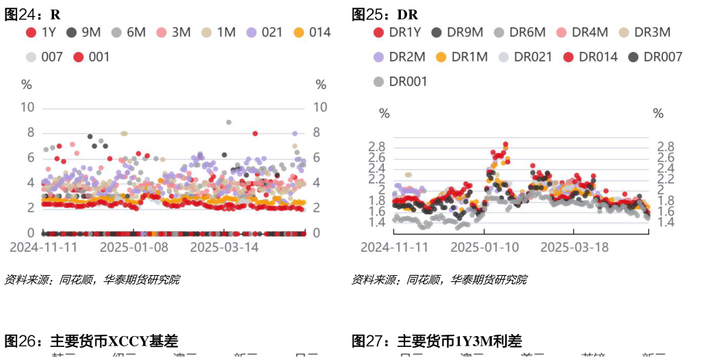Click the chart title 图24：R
(x=33, y=14)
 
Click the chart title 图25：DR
(x=385, y=14)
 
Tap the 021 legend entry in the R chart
(x=265, y=32)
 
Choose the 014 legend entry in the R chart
(x=312, y=32)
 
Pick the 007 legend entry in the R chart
(x=44, y=57)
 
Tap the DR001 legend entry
(x=400, y=81)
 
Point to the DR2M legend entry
(x=400, y=57)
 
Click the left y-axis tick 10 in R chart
(x=28, y=107)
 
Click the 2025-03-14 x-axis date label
(x=224, y=247)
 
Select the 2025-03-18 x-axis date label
(x=575, y=247)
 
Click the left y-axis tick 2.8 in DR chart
(x=378, y=146)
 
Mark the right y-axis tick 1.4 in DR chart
(x=666, y=222)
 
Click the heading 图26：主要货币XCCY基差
(x=92, y=341)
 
